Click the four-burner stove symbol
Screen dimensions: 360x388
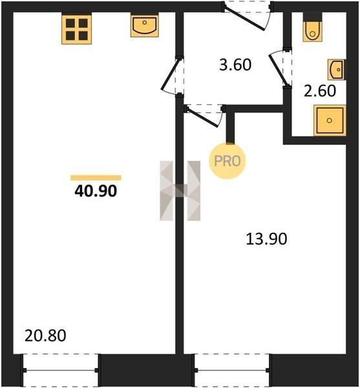click(x=77, y=30)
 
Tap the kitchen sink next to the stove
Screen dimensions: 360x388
click(x=145, y=26)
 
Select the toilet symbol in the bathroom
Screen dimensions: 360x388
click(x=313, y=32)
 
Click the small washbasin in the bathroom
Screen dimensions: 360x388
click(x=337, y=70)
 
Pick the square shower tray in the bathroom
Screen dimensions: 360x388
click(x=330, y=120)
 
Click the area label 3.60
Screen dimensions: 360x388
click(x=235, y=65)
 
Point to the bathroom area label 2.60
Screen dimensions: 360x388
click(x=320, y=91)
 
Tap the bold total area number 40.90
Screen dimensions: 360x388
click(x=96, y=191)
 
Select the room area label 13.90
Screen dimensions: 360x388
click(x=266, y=239)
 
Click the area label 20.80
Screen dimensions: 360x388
click(x=45, y=336)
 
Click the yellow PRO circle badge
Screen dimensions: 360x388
click(x=228, y=161)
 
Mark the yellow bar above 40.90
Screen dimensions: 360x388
click(x=96, y=178)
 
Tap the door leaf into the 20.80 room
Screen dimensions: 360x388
click(x=170, y=74)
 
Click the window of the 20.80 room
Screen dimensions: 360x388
click(x=61, y=371)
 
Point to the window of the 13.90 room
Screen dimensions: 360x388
click(x=232, y=371)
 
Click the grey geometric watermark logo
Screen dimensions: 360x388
click(x=180, y=191)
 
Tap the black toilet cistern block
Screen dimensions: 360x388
click(x=313, y=17)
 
